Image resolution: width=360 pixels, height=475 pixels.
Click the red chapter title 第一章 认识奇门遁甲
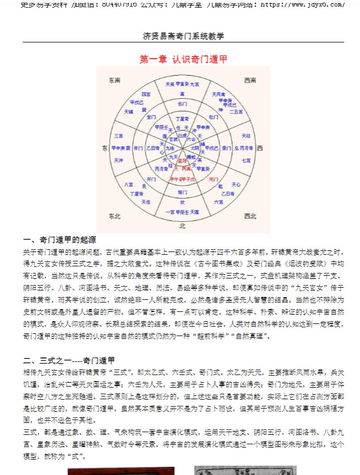point(183,59)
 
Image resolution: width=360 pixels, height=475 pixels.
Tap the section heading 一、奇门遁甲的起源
point(60,240)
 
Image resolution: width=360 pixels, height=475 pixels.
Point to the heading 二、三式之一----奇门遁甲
point(69,360)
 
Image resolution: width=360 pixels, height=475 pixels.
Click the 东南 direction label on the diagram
point(115,80)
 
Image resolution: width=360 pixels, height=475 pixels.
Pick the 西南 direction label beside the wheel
point(250,80)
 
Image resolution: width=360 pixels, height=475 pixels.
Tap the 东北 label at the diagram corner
point(115,216)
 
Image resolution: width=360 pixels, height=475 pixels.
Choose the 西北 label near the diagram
point(250,216)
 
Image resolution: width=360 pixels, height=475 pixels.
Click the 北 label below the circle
point(182,225)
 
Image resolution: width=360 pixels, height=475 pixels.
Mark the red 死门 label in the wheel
point(214,178)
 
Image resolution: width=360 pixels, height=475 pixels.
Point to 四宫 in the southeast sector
point(146,94)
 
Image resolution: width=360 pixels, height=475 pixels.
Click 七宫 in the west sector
point(246,160)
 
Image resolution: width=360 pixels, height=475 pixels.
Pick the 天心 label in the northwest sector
point(236,185)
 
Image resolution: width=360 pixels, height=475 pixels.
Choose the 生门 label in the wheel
point(152,117)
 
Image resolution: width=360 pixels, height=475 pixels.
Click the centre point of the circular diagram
point(182,148)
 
